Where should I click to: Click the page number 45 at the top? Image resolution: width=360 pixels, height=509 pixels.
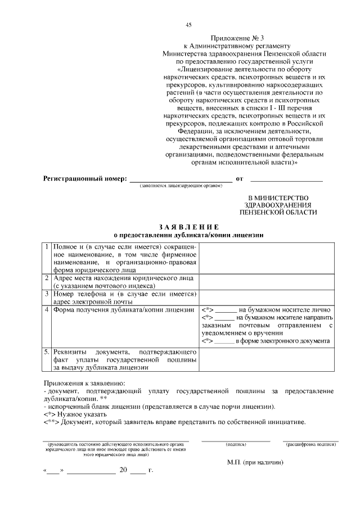click(x=188, y=24)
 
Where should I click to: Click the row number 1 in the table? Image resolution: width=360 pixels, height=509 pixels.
click(x=47, y=247)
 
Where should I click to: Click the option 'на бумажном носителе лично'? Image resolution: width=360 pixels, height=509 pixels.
click(x=285, y=310)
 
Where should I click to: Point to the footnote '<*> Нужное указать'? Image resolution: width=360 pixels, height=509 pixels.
click(x=71, y=413)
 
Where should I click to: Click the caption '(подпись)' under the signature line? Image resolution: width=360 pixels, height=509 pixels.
click(x=236, y=444)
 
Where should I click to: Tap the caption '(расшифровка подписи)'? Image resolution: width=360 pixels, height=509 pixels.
click(x=310, y=444)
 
